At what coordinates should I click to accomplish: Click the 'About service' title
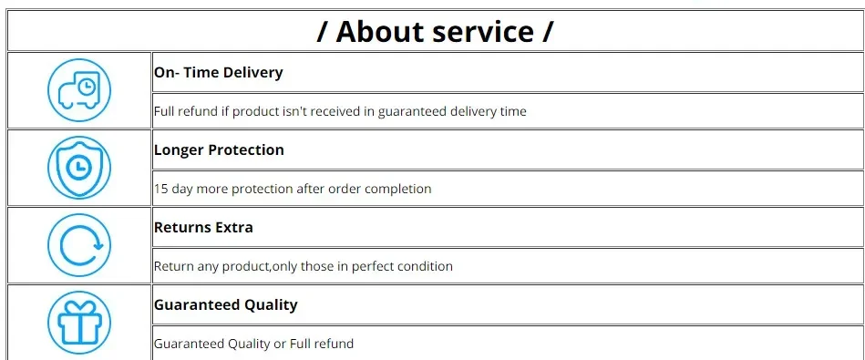click(435, 31)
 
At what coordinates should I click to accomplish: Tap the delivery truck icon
click(79, 90)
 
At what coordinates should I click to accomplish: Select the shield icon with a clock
click(79, 168)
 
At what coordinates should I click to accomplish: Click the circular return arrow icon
click(79, 245)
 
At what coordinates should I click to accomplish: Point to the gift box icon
click(79, 323)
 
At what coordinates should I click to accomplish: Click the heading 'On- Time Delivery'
click(219, 72)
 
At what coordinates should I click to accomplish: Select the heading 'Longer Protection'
click(219, 150)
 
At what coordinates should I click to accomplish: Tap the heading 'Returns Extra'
click(203, 227)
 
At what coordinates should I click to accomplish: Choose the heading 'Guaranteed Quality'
click(226, 305)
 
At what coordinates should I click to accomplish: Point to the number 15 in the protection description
click(161, 189)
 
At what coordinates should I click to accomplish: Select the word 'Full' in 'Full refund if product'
click(163, 111)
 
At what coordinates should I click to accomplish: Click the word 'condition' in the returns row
click(426, 266)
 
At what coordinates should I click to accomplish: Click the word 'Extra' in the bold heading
click(235, 227)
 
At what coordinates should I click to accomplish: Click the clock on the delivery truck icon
click(86, 87)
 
